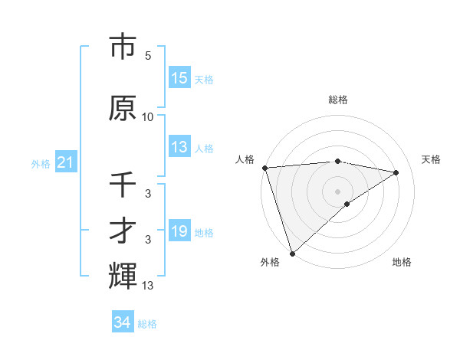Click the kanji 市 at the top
point(123,47)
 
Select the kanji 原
point(123,108)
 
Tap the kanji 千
point(123,185)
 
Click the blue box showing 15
point(179,78)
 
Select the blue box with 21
point(65,162)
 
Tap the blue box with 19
point(179,231)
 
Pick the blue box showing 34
point(123,322)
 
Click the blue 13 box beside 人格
point(179,147)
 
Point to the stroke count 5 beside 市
point(148,56)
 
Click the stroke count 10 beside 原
point(148,117)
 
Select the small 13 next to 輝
point(148,286)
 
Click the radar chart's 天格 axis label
point(431,159)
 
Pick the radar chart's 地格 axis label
point(402,262)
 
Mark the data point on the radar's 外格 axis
point(292,253)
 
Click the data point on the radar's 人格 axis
point(264,168)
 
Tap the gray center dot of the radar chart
point(337,191)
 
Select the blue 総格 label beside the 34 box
point(147,324)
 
